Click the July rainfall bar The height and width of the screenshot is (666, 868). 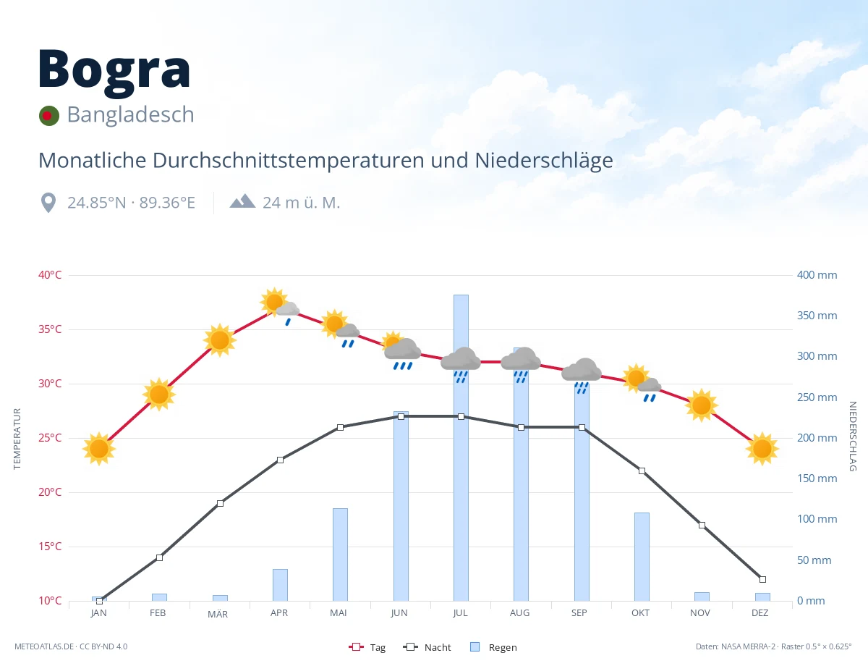(x=461, y=447)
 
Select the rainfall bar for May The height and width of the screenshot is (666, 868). (x=341, y=555)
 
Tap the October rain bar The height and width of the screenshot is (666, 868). (x=642, y=557)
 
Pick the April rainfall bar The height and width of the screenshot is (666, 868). (x=281, y=585)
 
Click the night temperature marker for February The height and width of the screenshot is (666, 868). (x=159, y=557)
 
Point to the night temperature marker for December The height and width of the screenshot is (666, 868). (x=762, y=579)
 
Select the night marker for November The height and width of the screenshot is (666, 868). (x=702, y=525)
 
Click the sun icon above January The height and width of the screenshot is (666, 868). (x=99, y=449)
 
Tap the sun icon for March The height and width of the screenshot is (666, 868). (x=220, y=340)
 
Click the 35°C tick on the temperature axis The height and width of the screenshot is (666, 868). (x=50, y=329)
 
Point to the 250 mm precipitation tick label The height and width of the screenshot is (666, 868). (x=817, y=397)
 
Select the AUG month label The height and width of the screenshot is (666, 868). (x=519, y=613)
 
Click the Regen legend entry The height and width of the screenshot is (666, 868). (x=493, y=647)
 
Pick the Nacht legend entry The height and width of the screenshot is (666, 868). (x=427, y=647)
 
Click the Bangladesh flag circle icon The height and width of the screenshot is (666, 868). (x=49, y=116)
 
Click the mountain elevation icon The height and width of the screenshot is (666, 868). (x=242, y=201)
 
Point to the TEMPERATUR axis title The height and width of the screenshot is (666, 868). (x=17, y=439)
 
